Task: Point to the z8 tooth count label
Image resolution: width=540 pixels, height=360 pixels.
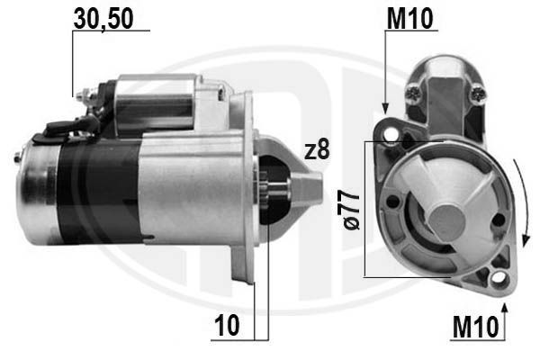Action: (317, 151)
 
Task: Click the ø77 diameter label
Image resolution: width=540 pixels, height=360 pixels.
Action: (352, 210)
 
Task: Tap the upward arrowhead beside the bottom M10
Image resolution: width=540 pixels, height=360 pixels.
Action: (505, 310)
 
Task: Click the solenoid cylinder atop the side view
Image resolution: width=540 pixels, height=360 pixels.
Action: (157, 101)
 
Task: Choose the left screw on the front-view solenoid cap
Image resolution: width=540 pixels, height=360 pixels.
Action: (414, 90)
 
